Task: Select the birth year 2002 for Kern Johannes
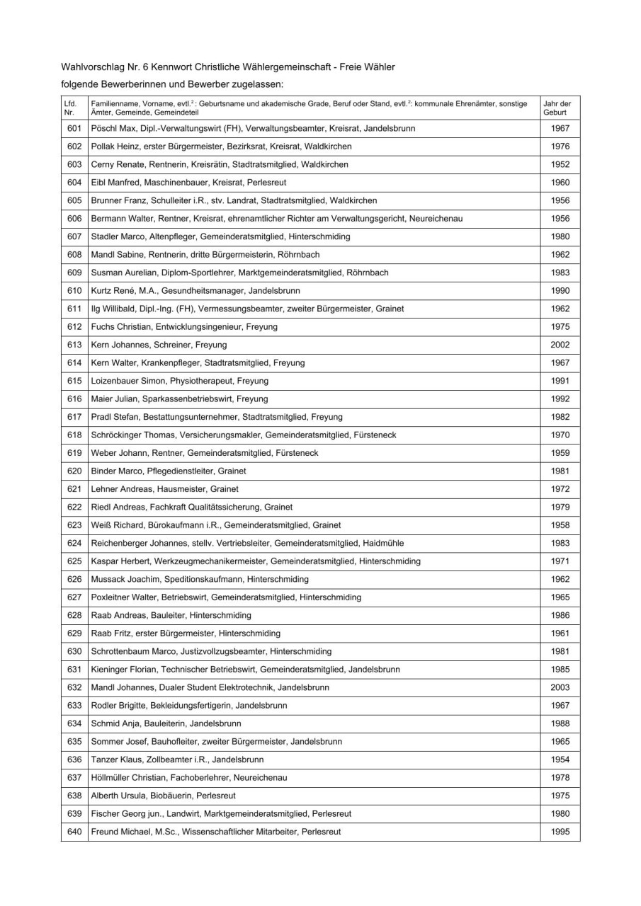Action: pos(560,345)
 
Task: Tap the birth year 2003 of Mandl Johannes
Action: pos(560,687)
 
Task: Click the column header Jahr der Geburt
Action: pos(557,108)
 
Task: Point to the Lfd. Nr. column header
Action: pos(70,108)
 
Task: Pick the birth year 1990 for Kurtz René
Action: pos(560,290)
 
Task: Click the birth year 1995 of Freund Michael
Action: pos(560,832)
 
